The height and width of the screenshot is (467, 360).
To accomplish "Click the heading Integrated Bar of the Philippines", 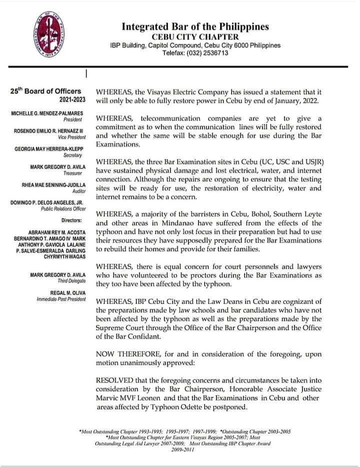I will [x=194, y=26].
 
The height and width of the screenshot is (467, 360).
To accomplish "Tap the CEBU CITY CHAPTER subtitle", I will [x=194, y=36].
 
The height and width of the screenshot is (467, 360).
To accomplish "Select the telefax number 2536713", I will [x=213, y=53].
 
